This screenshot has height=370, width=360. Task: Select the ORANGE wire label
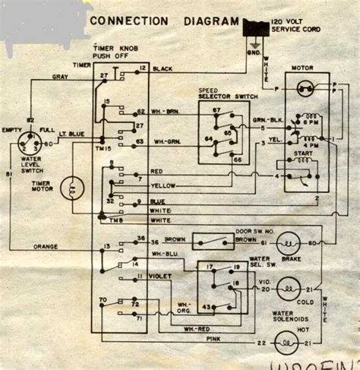(x=46, y=245)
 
